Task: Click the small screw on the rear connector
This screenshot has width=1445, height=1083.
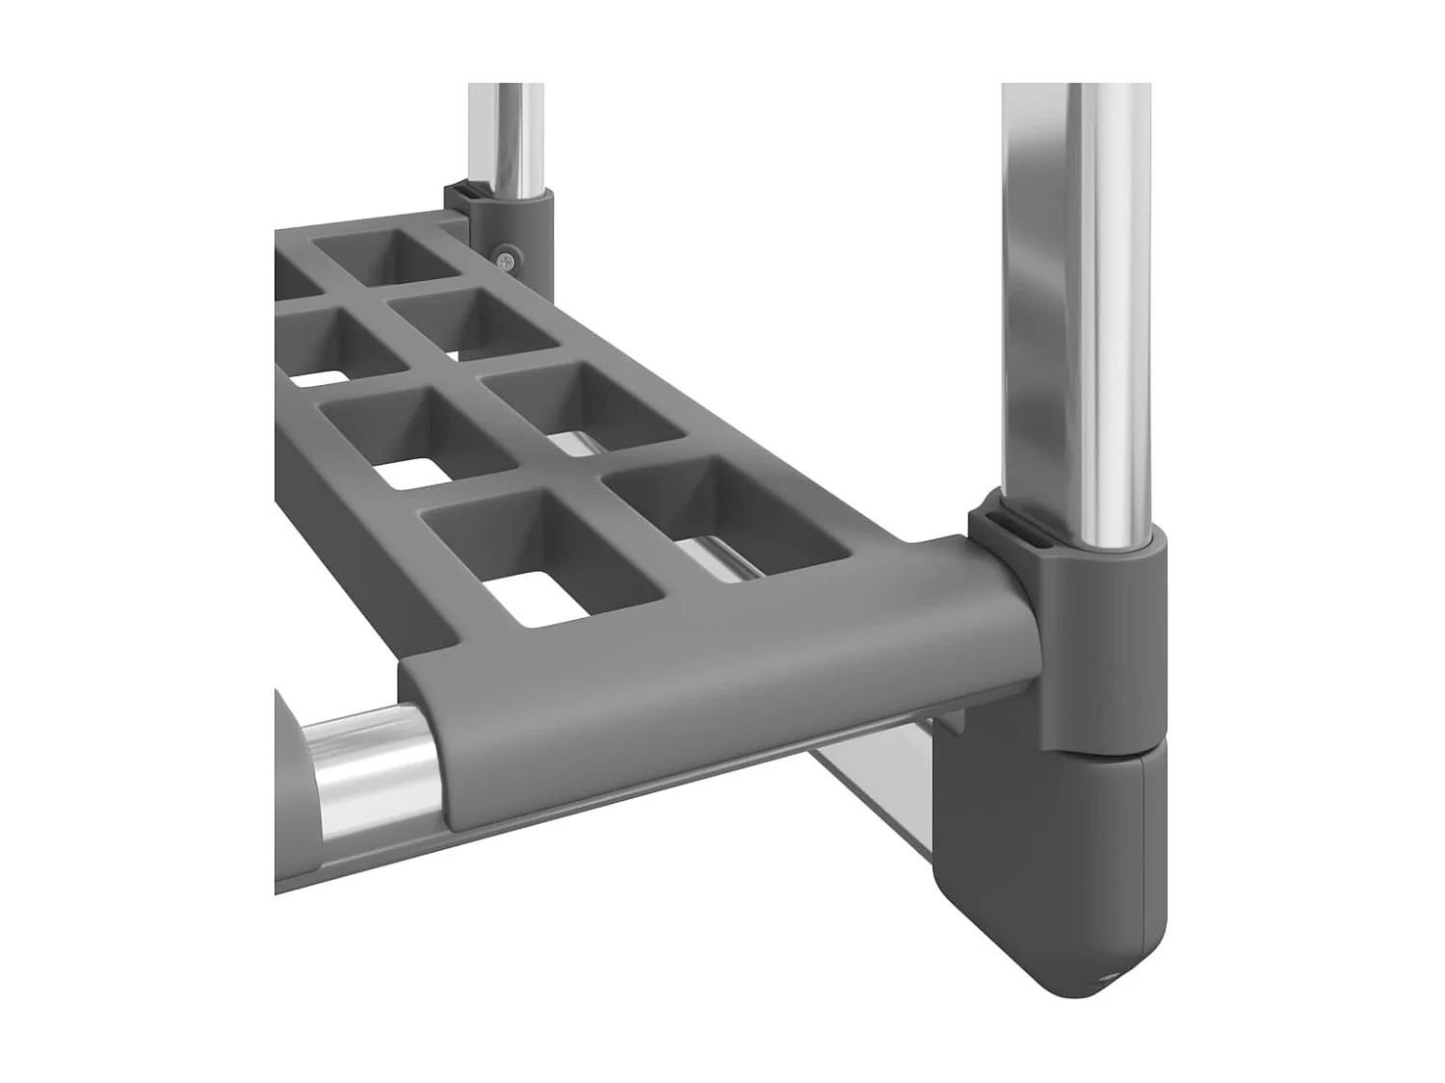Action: click(507, 257)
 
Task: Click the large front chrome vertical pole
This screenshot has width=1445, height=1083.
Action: click(1077, 289)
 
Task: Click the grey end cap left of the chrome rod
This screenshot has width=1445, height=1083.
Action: click(289, 761)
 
